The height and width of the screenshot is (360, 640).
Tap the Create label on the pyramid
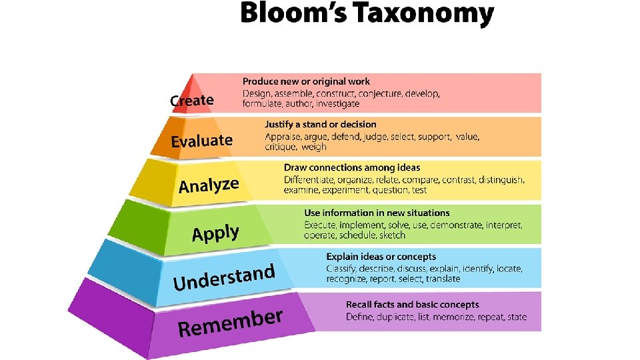192,101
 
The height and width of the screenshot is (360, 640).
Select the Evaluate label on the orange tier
202,141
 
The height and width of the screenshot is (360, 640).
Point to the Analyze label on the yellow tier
209,185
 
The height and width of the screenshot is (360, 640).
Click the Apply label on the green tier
215,233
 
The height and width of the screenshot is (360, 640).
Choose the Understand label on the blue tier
224,278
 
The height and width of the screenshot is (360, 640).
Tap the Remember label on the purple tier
230,323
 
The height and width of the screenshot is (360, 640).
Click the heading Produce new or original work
306,81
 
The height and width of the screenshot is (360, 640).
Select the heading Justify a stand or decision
320,124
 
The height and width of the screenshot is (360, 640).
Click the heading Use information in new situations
377,213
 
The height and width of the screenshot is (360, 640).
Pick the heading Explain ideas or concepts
381,257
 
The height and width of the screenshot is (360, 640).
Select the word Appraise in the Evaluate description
283,136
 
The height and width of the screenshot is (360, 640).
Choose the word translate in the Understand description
443,279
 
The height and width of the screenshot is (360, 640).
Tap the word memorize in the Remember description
455,317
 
